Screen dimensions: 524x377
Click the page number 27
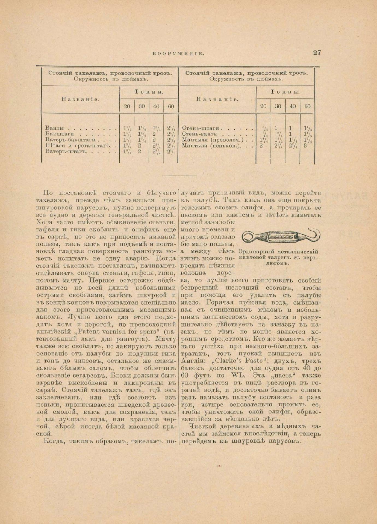317,53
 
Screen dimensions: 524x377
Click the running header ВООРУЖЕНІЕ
177,53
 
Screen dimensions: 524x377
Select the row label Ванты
55,128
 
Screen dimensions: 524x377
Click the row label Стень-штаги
201,128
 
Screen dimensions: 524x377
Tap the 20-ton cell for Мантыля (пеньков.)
261,146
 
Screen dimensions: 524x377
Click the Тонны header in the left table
149,92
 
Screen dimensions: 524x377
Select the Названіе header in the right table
217,99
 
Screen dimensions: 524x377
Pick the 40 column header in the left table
156,106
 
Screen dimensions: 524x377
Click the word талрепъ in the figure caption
290,257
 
